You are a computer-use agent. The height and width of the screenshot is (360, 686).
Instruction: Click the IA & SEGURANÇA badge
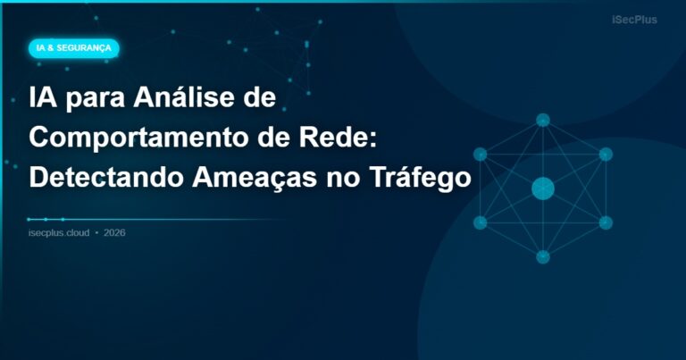(73, 48)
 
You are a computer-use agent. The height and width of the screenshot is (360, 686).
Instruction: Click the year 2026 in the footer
(114, 233)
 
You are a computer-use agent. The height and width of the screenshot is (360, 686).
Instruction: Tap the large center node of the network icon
(543, 188)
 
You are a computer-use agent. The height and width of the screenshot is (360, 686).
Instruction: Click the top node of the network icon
(543, 120)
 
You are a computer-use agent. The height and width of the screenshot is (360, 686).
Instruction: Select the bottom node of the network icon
(543, 257)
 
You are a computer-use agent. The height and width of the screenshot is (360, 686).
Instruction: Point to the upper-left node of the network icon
(481, 154)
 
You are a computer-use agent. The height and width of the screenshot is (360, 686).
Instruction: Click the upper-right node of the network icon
(606, 154)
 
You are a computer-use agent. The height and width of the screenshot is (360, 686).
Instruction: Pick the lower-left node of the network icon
(481, 222)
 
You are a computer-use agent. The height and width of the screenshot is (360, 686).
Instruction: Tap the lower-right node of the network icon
(606, 222)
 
